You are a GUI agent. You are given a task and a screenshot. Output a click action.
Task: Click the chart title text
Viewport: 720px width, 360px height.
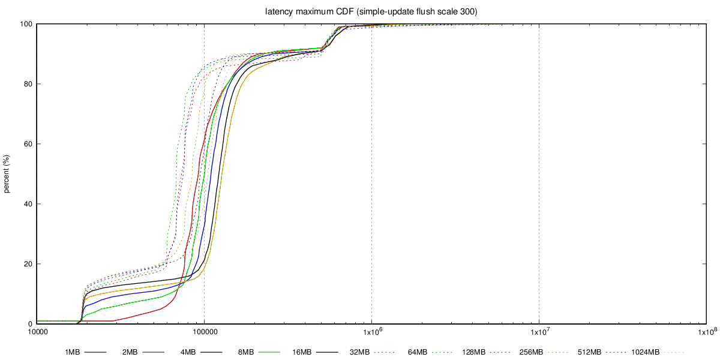pyautogui.click(x=371, y=11)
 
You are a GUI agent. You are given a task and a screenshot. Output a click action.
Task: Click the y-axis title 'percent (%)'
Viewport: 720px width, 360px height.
pyautogui.click(x=7, y=174)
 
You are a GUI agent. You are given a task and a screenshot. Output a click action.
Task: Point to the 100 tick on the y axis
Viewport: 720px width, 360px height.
pyautogui.click(x=26, y=24)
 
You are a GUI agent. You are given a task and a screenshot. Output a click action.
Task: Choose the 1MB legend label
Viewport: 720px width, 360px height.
pyautogui.click(x=72, y=352)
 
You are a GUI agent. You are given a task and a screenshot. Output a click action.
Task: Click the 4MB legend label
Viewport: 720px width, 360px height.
pyautogui.click(x=188, y=352)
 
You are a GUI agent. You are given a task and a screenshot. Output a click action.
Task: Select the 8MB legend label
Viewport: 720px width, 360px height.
pyautogui.click(x=246, y=352)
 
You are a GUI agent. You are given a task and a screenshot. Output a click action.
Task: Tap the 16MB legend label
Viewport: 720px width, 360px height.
pyautogui.click(x=302, y=352)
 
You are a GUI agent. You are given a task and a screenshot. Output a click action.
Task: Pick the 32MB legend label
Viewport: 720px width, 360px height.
pyautogui.click(x=359, y=352)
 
